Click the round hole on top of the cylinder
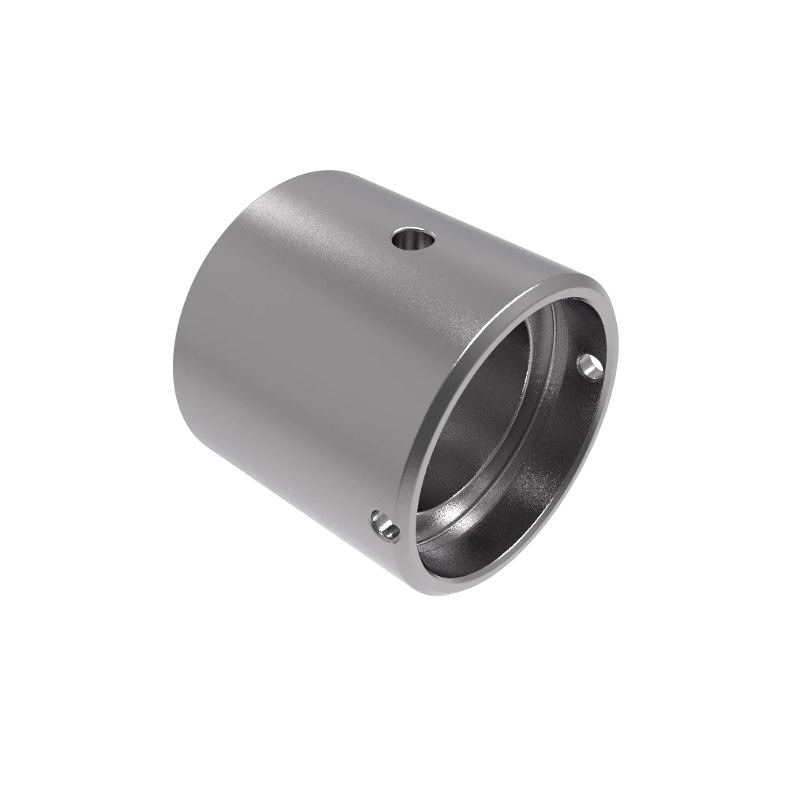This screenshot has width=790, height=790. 413,239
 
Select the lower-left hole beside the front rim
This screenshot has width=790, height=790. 386,525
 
